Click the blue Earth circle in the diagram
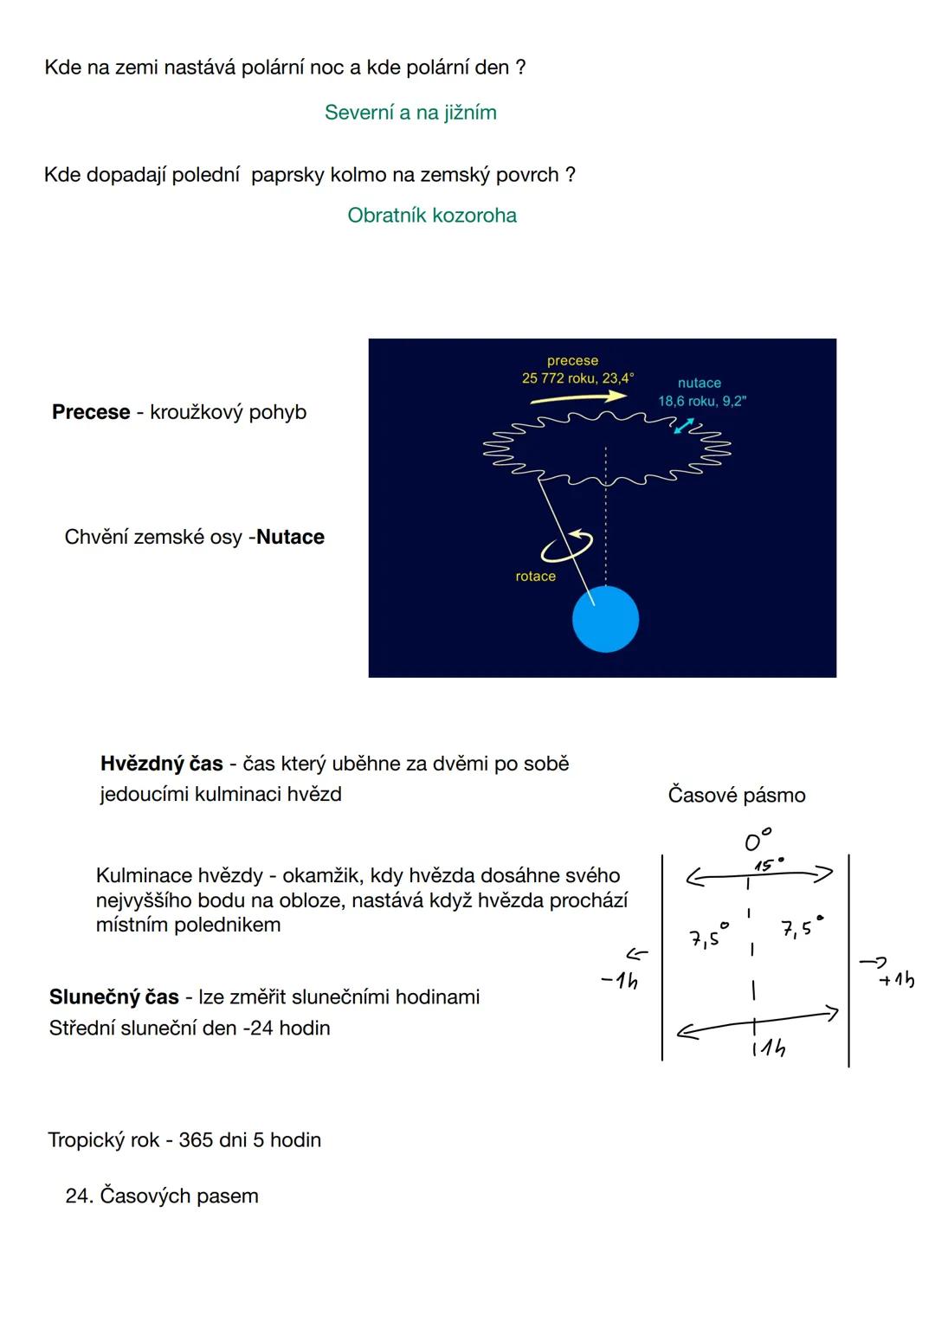coord(605,619)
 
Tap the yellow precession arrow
coord(578,397)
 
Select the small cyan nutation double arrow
coord(684,426)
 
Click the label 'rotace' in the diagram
coord(535,577)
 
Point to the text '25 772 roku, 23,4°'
coord(577,378)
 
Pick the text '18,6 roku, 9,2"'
coord(702,401)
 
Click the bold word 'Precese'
coord(91,412)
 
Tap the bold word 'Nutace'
coord(290,537)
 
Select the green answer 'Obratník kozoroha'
coord(432,216)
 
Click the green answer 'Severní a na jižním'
coord(410,113)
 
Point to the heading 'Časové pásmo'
coord(737,795)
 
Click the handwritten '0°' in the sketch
coord(757,840)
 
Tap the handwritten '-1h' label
coord(620,981)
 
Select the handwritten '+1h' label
coord(896,979)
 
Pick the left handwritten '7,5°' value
coord(707,937)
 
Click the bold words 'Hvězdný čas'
coord(162,764)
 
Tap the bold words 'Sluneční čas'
coord(113,997)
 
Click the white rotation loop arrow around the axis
coord(566,545)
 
